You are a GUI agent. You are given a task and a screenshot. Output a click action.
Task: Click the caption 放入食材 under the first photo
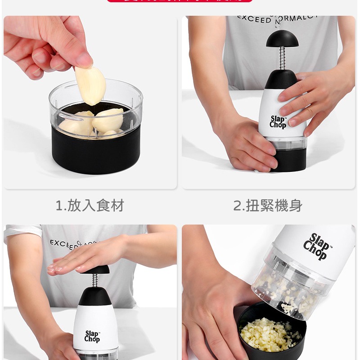coord(95,206)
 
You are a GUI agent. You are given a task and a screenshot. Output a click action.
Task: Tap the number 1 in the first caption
coord(59,206)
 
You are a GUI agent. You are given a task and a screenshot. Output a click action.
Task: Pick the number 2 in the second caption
coord(238,206)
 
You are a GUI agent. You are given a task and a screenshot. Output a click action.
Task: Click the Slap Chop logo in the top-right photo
coord(278,121)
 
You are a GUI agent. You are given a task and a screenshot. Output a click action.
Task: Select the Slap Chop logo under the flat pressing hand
coord(92,336)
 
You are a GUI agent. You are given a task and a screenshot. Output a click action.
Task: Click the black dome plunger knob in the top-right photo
coord(282,39)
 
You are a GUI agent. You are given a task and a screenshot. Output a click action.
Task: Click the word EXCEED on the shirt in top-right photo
coord(254,19)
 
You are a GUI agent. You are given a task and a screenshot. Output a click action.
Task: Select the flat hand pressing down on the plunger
coord(85,259)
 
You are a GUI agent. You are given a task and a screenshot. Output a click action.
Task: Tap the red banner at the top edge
coord(180,1)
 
